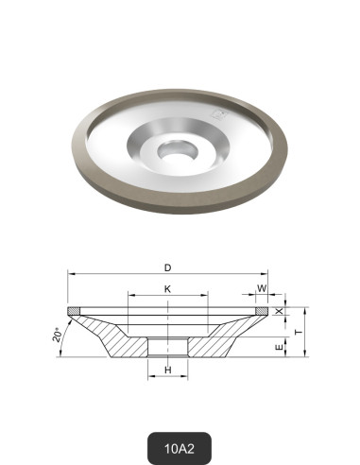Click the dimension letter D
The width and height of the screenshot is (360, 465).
point(169,267)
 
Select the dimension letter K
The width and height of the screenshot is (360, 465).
point(167,288)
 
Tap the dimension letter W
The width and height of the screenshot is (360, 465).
point(262,288)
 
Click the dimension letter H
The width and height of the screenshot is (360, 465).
point(167,370)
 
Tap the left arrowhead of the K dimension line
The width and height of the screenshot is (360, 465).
point(130,296)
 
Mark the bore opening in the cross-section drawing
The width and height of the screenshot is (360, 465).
point(168,346)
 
